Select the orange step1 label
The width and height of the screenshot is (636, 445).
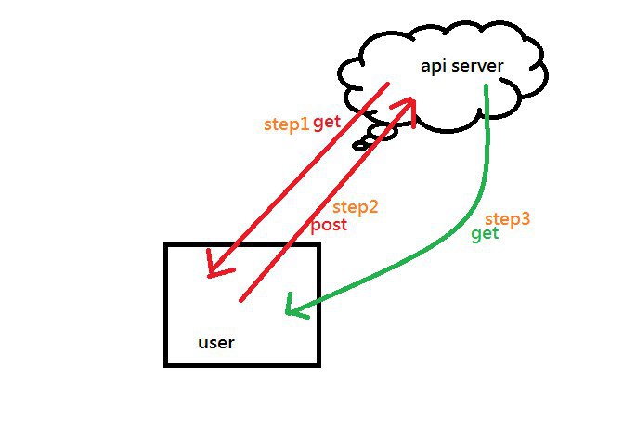coord(285,124)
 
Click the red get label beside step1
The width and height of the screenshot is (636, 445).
coord(326,123)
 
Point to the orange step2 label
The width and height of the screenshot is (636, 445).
coord(356,207)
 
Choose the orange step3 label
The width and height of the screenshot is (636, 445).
coord(508,219)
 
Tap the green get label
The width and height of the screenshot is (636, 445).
coord(485,234)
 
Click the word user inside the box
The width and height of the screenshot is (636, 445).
coord(216,342)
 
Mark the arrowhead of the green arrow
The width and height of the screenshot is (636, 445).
coord(292,308)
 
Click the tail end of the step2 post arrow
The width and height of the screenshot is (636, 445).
coord(242,300)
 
